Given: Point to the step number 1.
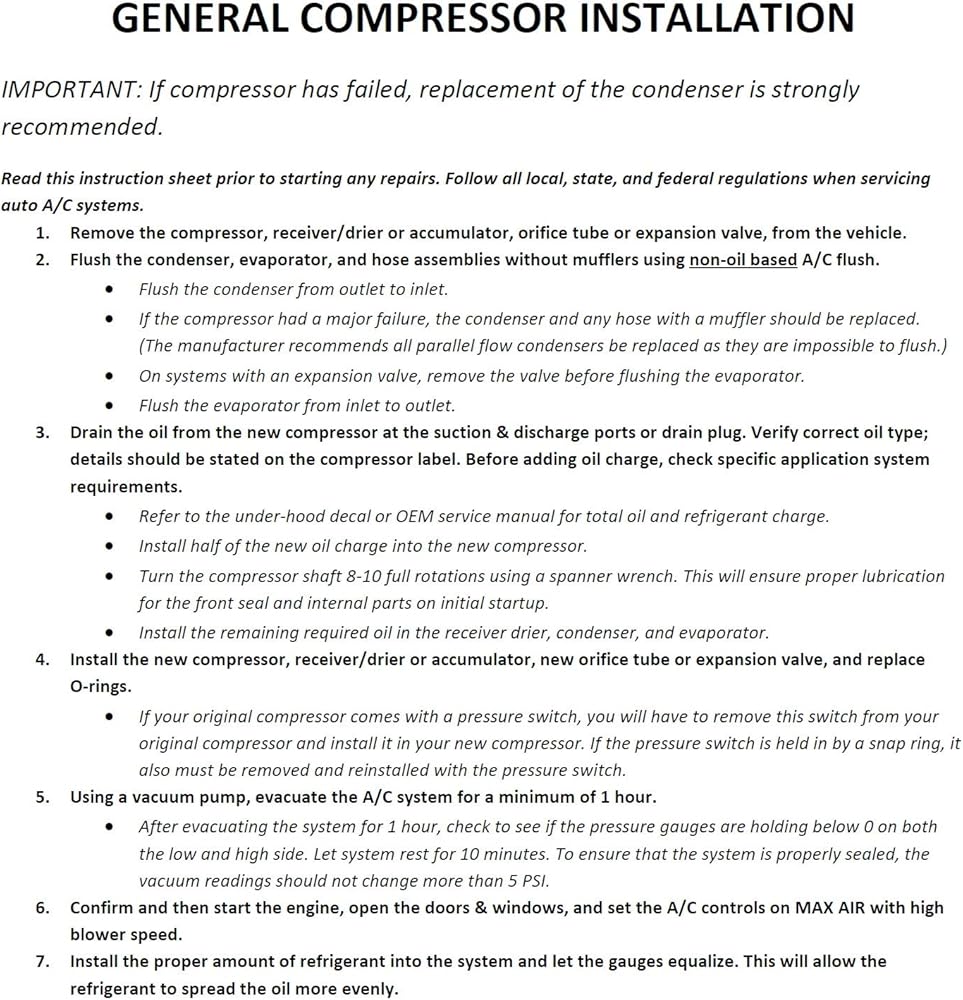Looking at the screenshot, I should coord(42,233).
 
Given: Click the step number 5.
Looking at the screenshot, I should coord(42,798).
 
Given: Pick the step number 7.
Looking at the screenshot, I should coord(42,962).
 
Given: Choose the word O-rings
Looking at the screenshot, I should coord(100,688).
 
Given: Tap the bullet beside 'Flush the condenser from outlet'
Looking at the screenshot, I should coord(109,290).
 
